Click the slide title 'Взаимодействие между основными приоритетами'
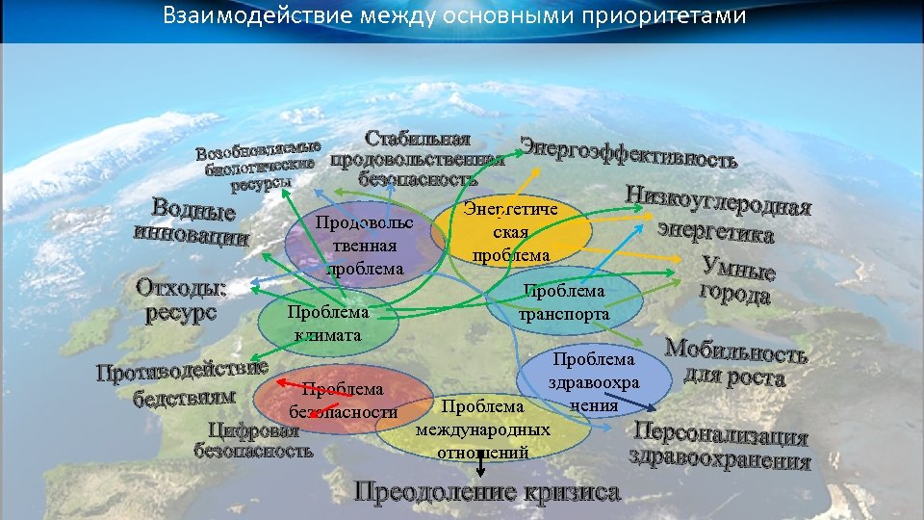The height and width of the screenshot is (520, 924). coord(454,16)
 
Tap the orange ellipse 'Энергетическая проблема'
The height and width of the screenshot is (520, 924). coord(510,232)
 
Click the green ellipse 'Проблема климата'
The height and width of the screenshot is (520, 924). coord(327,324)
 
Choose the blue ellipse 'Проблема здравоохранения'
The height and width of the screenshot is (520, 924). coord(593,381)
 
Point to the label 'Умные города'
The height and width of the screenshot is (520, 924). coord(736,280)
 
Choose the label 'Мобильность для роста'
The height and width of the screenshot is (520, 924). coord(736,363)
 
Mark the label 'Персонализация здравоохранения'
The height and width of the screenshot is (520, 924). coord(720,445)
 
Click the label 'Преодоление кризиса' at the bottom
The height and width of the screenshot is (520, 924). coord(487,492)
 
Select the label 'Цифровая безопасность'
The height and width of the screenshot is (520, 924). coord(254,439)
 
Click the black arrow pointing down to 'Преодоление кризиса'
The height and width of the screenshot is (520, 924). coord(481,465)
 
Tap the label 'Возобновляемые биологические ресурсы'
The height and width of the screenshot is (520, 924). coord(258,166)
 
